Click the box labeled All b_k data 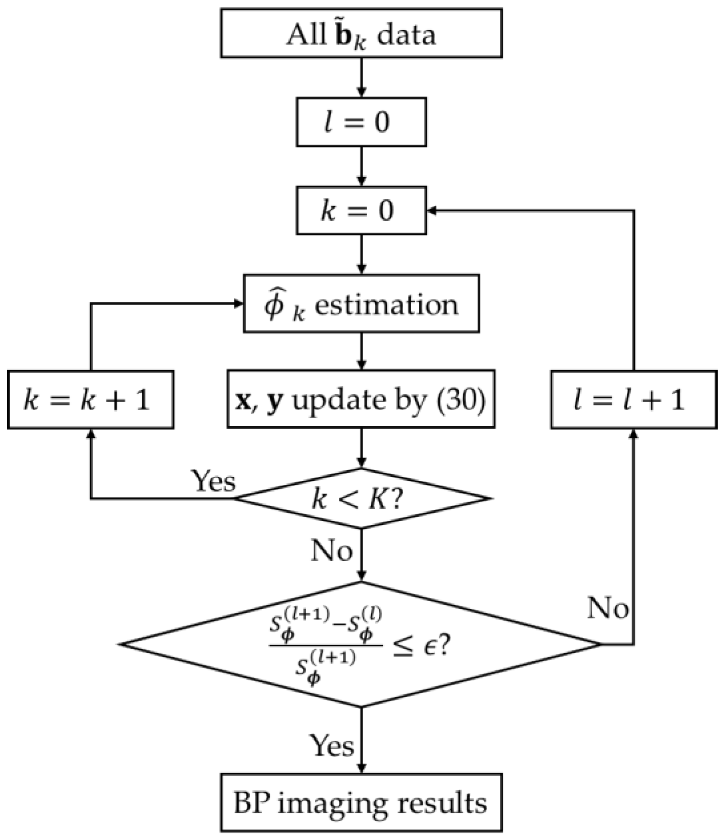pyautogui.click(x=361, y=33)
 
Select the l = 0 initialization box pyautogui.click(x=361, y=122)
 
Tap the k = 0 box pyautogui.click(x=361, y=210)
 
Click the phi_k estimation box pyautogui.click(x=361, y=304)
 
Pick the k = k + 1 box pyautogui.click(x=90, y=400)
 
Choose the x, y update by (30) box pyautogui.click(x=361, y=399)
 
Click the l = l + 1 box pyautogui.click(x=633, y=400)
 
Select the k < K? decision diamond pyautogui.click(x=361, y=499)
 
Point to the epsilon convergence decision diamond pyautogui.click(x=361, y=644)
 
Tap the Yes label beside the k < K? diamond pyautogui.click(x=213, y=481)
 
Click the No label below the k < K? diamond pyautogui.click(x=332, y=551)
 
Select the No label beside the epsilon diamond pyautogui.click(x=608, y=608)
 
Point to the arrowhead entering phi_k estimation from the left pyautogui.click(x=239, y=304)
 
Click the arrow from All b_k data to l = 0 pyautogui.click(x=361, y=77)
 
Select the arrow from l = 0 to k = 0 pyautogui.click(x=361, y=166)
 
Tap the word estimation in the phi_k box pyautogui.click(x=386, y=305)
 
